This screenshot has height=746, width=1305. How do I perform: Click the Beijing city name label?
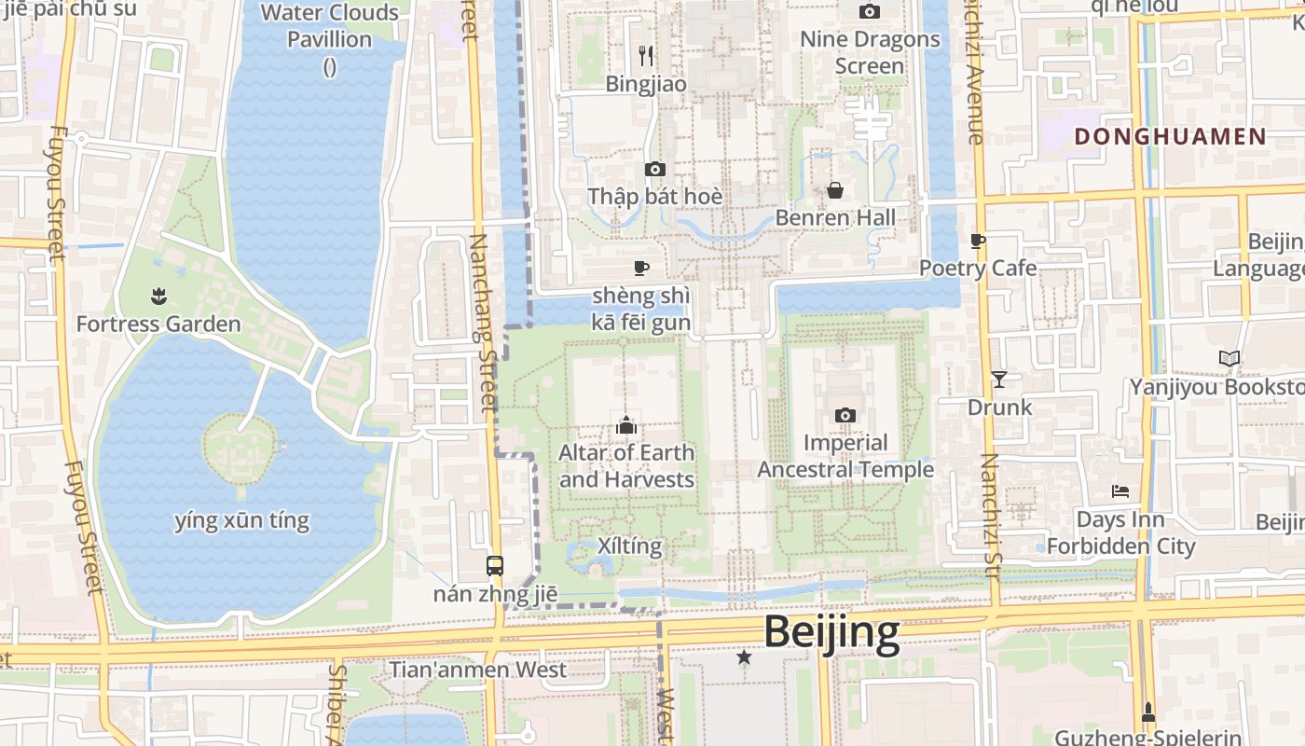831,632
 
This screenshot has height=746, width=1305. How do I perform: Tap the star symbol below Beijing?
744,657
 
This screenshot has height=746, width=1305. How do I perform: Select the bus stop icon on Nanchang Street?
495,565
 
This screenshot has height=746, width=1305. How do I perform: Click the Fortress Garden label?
158,325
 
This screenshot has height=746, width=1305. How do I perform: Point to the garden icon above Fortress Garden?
158,297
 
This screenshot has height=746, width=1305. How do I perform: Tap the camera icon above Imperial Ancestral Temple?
845,415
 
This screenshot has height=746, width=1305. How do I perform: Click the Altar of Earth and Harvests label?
626,466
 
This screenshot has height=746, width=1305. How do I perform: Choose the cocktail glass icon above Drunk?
999,379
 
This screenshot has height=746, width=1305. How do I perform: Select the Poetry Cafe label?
978,268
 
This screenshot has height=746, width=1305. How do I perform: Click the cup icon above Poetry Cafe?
978,241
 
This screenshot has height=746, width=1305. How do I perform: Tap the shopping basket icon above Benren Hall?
835,190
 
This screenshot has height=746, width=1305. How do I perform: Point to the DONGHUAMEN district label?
1171,137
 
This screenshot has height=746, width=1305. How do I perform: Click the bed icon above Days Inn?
1120,490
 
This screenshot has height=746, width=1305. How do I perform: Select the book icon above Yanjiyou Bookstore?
1229,358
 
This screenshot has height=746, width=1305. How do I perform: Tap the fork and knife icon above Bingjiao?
646,56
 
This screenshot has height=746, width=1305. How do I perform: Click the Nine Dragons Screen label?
871,52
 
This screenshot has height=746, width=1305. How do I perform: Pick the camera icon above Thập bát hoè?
655,169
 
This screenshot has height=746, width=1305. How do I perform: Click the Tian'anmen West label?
477,670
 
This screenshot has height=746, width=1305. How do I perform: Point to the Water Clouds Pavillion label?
330,26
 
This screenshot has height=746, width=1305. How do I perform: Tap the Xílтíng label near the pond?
630,546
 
